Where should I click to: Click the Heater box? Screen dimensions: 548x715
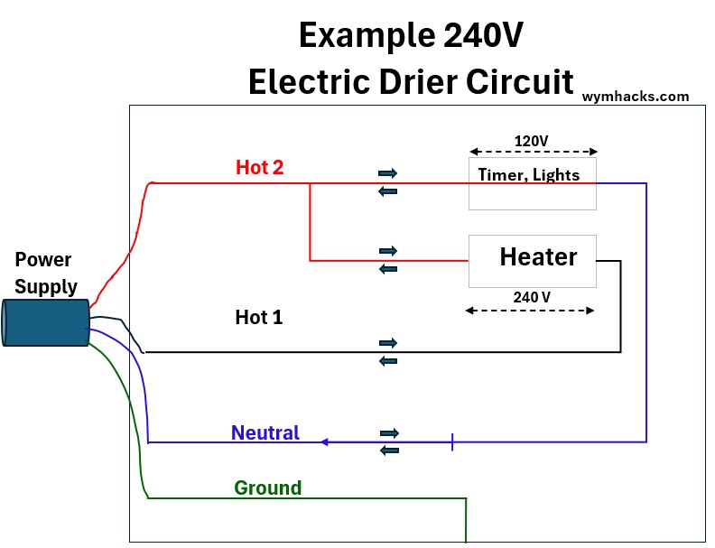(532, 261)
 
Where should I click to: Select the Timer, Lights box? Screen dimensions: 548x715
(532, 184)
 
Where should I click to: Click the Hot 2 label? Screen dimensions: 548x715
(260, 167)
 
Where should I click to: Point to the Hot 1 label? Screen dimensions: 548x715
(259, 317)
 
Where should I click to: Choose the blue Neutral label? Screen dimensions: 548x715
(265, 432)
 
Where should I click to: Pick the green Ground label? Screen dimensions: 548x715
(267, 488)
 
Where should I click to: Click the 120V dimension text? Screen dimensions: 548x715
(531, 141)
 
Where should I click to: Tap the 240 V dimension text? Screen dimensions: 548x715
(532, 296)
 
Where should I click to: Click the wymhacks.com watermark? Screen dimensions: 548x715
(636, 96)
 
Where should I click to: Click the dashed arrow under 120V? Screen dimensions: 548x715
(533, 153)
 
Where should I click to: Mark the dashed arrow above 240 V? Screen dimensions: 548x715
(530, 311)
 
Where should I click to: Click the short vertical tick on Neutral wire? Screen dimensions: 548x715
(451, 442)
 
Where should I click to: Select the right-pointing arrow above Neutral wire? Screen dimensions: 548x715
(388, 433)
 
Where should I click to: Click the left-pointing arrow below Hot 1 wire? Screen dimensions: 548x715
(388, 361)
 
